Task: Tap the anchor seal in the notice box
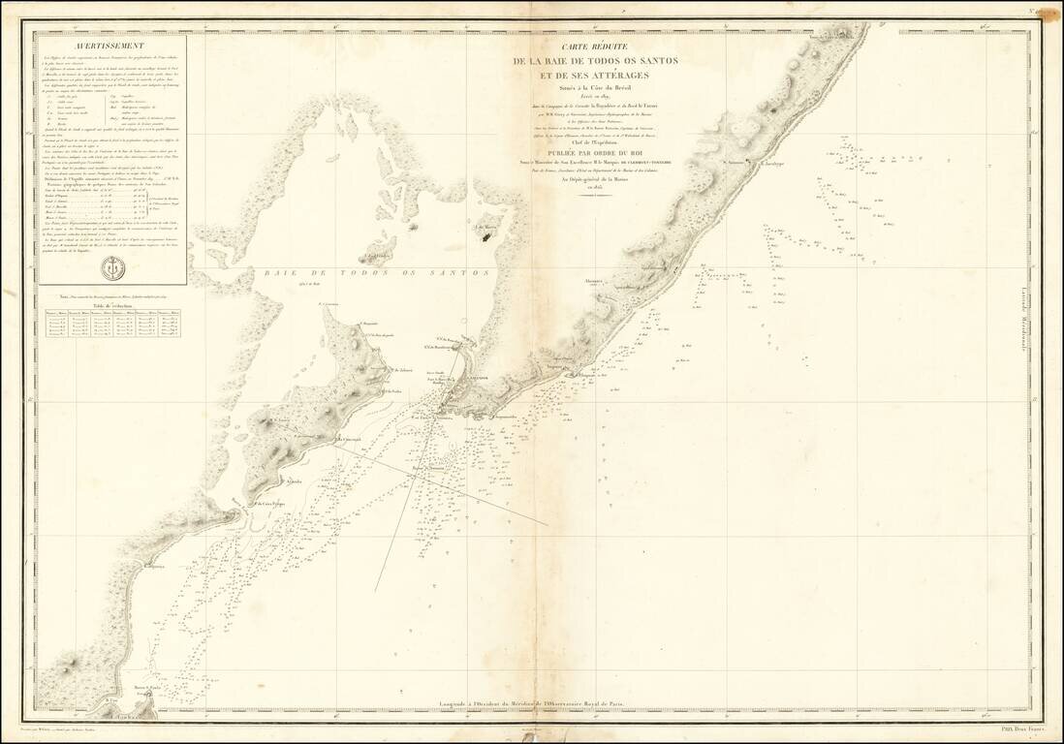(x=112, y=267)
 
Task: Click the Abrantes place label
(x=594, y=281)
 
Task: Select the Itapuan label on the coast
(x=553, y=367)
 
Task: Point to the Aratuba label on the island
(x=290, y=480)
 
